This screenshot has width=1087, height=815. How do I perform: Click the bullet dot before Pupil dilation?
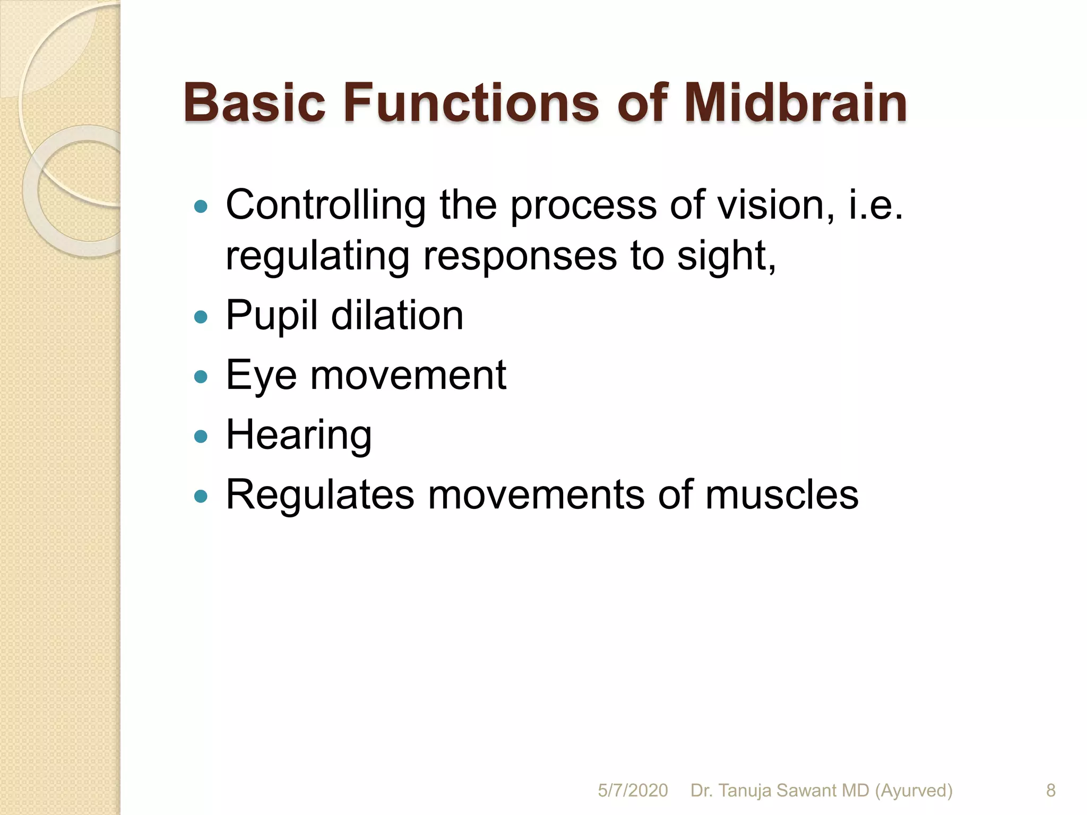pos(201,317)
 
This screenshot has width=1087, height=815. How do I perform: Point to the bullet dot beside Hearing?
pos(201,437)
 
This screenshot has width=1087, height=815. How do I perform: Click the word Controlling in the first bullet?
pos(325,205)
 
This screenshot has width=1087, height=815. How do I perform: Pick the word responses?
pos(520,256)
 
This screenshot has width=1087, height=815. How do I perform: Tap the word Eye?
pos(261,376)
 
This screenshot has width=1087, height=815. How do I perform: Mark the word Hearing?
pos(299,435)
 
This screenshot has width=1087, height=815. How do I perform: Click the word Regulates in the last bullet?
pos(320,495)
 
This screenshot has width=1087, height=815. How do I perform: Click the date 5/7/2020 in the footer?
pos(633,791)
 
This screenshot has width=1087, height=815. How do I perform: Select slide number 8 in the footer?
pos(1051,791)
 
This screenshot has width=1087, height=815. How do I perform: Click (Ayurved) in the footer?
pos(913,791)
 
